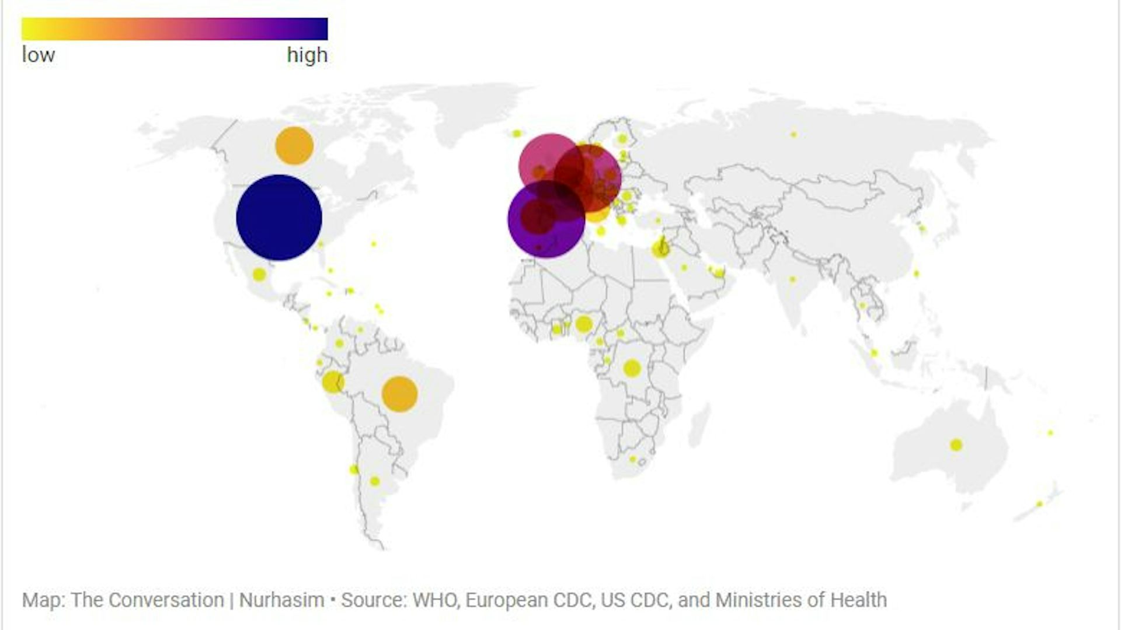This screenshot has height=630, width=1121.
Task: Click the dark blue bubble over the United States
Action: pyautogui.click(x=279, y=218)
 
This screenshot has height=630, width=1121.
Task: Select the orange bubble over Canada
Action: pyautogui.click(x=294, y=146)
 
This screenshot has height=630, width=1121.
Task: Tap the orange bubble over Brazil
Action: pyautogui.click(x=399, y=394)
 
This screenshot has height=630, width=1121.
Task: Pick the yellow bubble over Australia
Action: pyautogui.click(x=956, y=445)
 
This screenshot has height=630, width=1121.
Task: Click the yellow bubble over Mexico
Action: pyautogui.click(x=259, y=274)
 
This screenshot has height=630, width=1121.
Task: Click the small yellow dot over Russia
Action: pyautogui.click(x=793, y=134)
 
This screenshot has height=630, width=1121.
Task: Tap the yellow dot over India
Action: pyautogui.click(x=792, y=279)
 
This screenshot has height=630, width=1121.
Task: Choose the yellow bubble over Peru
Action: pyautogui.click(x=332, y=382)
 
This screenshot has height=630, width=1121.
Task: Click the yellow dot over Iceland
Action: pyautogui.click(x=517, y=134)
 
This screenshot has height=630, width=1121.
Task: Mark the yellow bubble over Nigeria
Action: pyautogui.click(x=583, y=324)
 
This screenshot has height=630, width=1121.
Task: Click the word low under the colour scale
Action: pyautogui.click(x=39, y=55)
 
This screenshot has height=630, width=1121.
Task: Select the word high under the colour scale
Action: pyautogui.click(x=307, y=55)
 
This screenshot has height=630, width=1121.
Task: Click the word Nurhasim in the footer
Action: pyautogui.click(x=281, y=600)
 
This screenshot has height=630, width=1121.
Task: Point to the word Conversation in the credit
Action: pyautogui.click(x=166, y=600)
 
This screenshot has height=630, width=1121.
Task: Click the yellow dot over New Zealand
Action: pyautogui.click(x=1039, y=504)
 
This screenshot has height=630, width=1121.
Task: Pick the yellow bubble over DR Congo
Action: pyautogui.click(x=632, y=368)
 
